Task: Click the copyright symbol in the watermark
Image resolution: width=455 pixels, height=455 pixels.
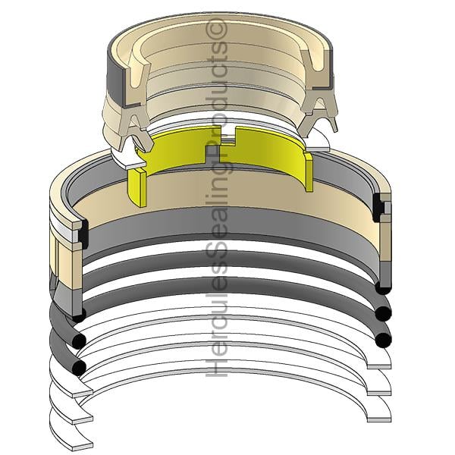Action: (216, 29)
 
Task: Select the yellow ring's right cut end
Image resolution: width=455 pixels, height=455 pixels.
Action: (309, 171)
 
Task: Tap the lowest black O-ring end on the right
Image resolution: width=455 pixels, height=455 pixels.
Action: (383, 340)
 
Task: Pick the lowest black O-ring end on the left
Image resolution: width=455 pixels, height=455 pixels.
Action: (79, 369)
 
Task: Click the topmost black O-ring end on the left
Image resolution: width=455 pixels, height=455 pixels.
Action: (78, 315)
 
